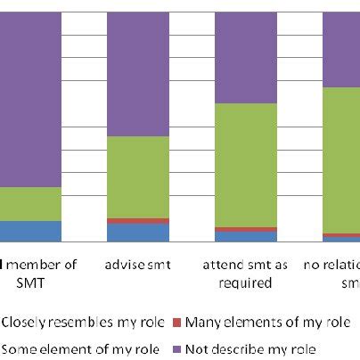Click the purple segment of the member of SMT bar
coord(30,98)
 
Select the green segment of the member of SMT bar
coord(30,204)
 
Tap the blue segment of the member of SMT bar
coord(30,231)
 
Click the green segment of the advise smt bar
coord(137,176)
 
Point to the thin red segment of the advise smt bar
coord(137,220)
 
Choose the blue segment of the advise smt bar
coord(137,232)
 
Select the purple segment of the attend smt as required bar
coord(246,57)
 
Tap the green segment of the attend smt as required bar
coord(246,165)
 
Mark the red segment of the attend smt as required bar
coord(246,229)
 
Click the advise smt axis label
coord(137,265)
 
